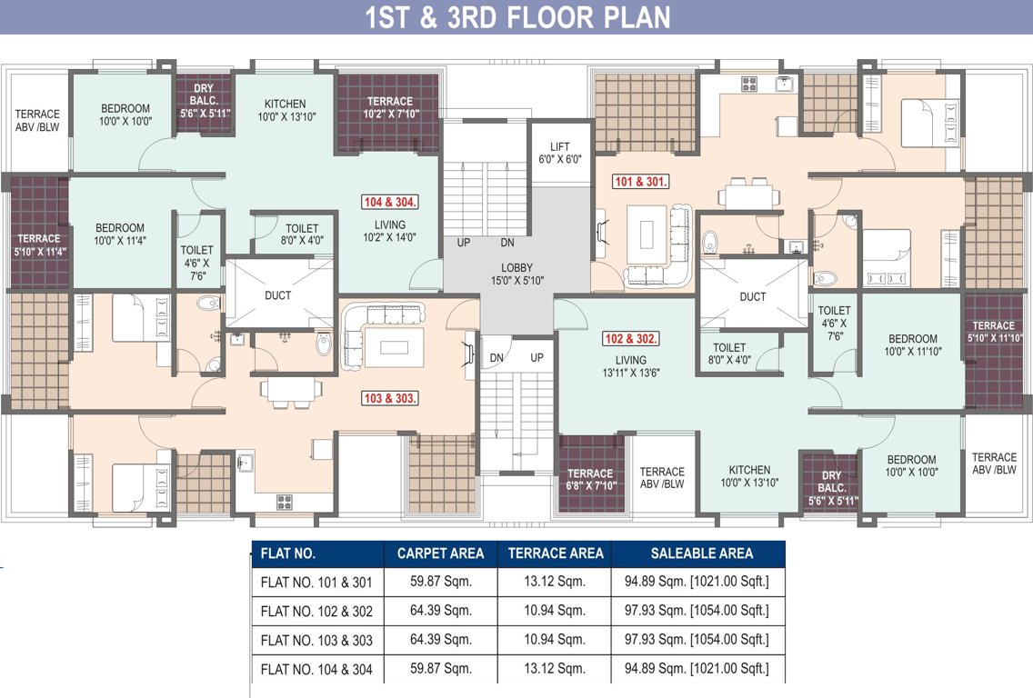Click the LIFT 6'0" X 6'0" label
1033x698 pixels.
[560, 153]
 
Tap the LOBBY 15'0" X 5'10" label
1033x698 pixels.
[517, 274]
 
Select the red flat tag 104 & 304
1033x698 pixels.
[390, 202]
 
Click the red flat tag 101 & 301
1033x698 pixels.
[640, 181]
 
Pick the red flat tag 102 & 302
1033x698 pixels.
[630, 338]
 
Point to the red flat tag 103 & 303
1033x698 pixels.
[389, 398]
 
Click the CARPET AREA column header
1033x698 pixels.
[440, 553]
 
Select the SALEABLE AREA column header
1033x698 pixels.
[702, 553]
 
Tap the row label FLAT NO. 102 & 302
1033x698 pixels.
[316, 611]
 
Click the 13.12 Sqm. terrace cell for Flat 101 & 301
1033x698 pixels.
[555, 582]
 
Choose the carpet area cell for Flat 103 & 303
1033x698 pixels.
[441, 640]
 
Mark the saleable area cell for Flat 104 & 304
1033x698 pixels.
[697, 668]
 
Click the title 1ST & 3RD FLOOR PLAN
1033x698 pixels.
[517, 17]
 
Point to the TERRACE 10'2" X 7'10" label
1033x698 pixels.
[390, 107]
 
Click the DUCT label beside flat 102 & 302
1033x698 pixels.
[752, 297]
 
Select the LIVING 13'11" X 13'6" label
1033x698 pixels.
[631, 366]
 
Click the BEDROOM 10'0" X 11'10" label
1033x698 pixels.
[912, 345]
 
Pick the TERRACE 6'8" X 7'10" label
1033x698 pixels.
[591, 479]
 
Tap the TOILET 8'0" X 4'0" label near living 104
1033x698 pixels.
[302, 234]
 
